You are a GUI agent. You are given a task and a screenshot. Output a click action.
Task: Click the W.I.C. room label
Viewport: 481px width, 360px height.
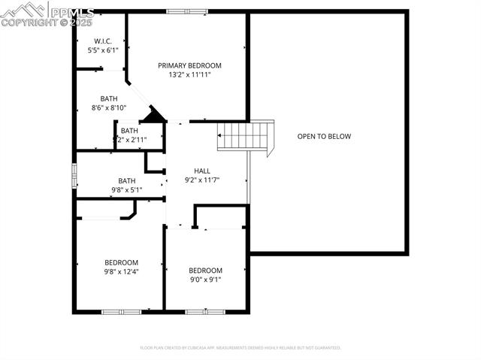click(x=104, y=41)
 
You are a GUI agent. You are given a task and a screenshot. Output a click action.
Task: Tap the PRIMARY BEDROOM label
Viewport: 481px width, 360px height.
click(x=189, y=65)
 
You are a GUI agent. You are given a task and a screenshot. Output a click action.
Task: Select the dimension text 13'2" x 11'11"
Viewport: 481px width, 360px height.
click(x=189, y=75)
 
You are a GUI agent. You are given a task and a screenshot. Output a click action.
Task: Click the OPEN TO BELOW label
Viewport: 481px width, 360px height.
click(x=324, y=136)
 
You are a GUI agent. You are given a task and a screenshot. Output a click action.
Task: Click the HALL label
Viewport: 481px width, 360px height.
click(x=202, y=171)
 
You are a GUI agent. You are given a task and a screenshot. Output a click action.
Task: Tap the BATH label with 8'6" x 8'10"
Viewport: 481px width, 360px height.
click(x=109, y=98)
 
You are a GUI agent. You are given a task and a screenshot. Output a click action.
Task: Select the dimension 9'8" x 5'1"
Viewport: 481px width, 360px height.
click(x=126, y=190)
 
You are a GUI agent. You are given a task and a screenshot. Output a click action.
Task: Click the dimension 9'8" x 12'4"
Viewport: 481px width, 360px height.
click(x=121, y=272)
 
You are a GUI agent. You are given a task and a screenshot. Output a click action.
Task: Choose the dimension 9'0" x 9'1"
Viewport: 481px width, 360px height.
click(x=205, y=280)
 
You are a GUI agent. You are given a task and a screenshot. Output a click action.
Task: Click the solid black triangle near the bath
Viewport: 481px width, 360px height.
click(x=156, y=115)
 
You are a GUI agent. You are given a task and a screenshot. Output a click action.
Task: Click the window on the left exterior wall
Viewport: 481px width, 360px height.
click(x=74, y=174)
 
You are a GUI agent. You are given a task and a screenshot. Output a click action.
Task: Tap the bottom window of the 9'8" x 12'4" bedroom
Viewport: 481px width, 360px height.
click(x=121, y=311)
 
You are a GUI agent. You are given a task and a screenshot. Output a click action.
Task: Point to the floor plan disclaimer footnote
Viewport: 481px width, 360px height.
click(x=240, y=348)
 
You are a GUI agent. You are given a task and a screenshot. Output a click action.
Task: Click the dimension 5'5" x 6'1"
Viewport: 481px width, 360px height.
click(x=104, y=50)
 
